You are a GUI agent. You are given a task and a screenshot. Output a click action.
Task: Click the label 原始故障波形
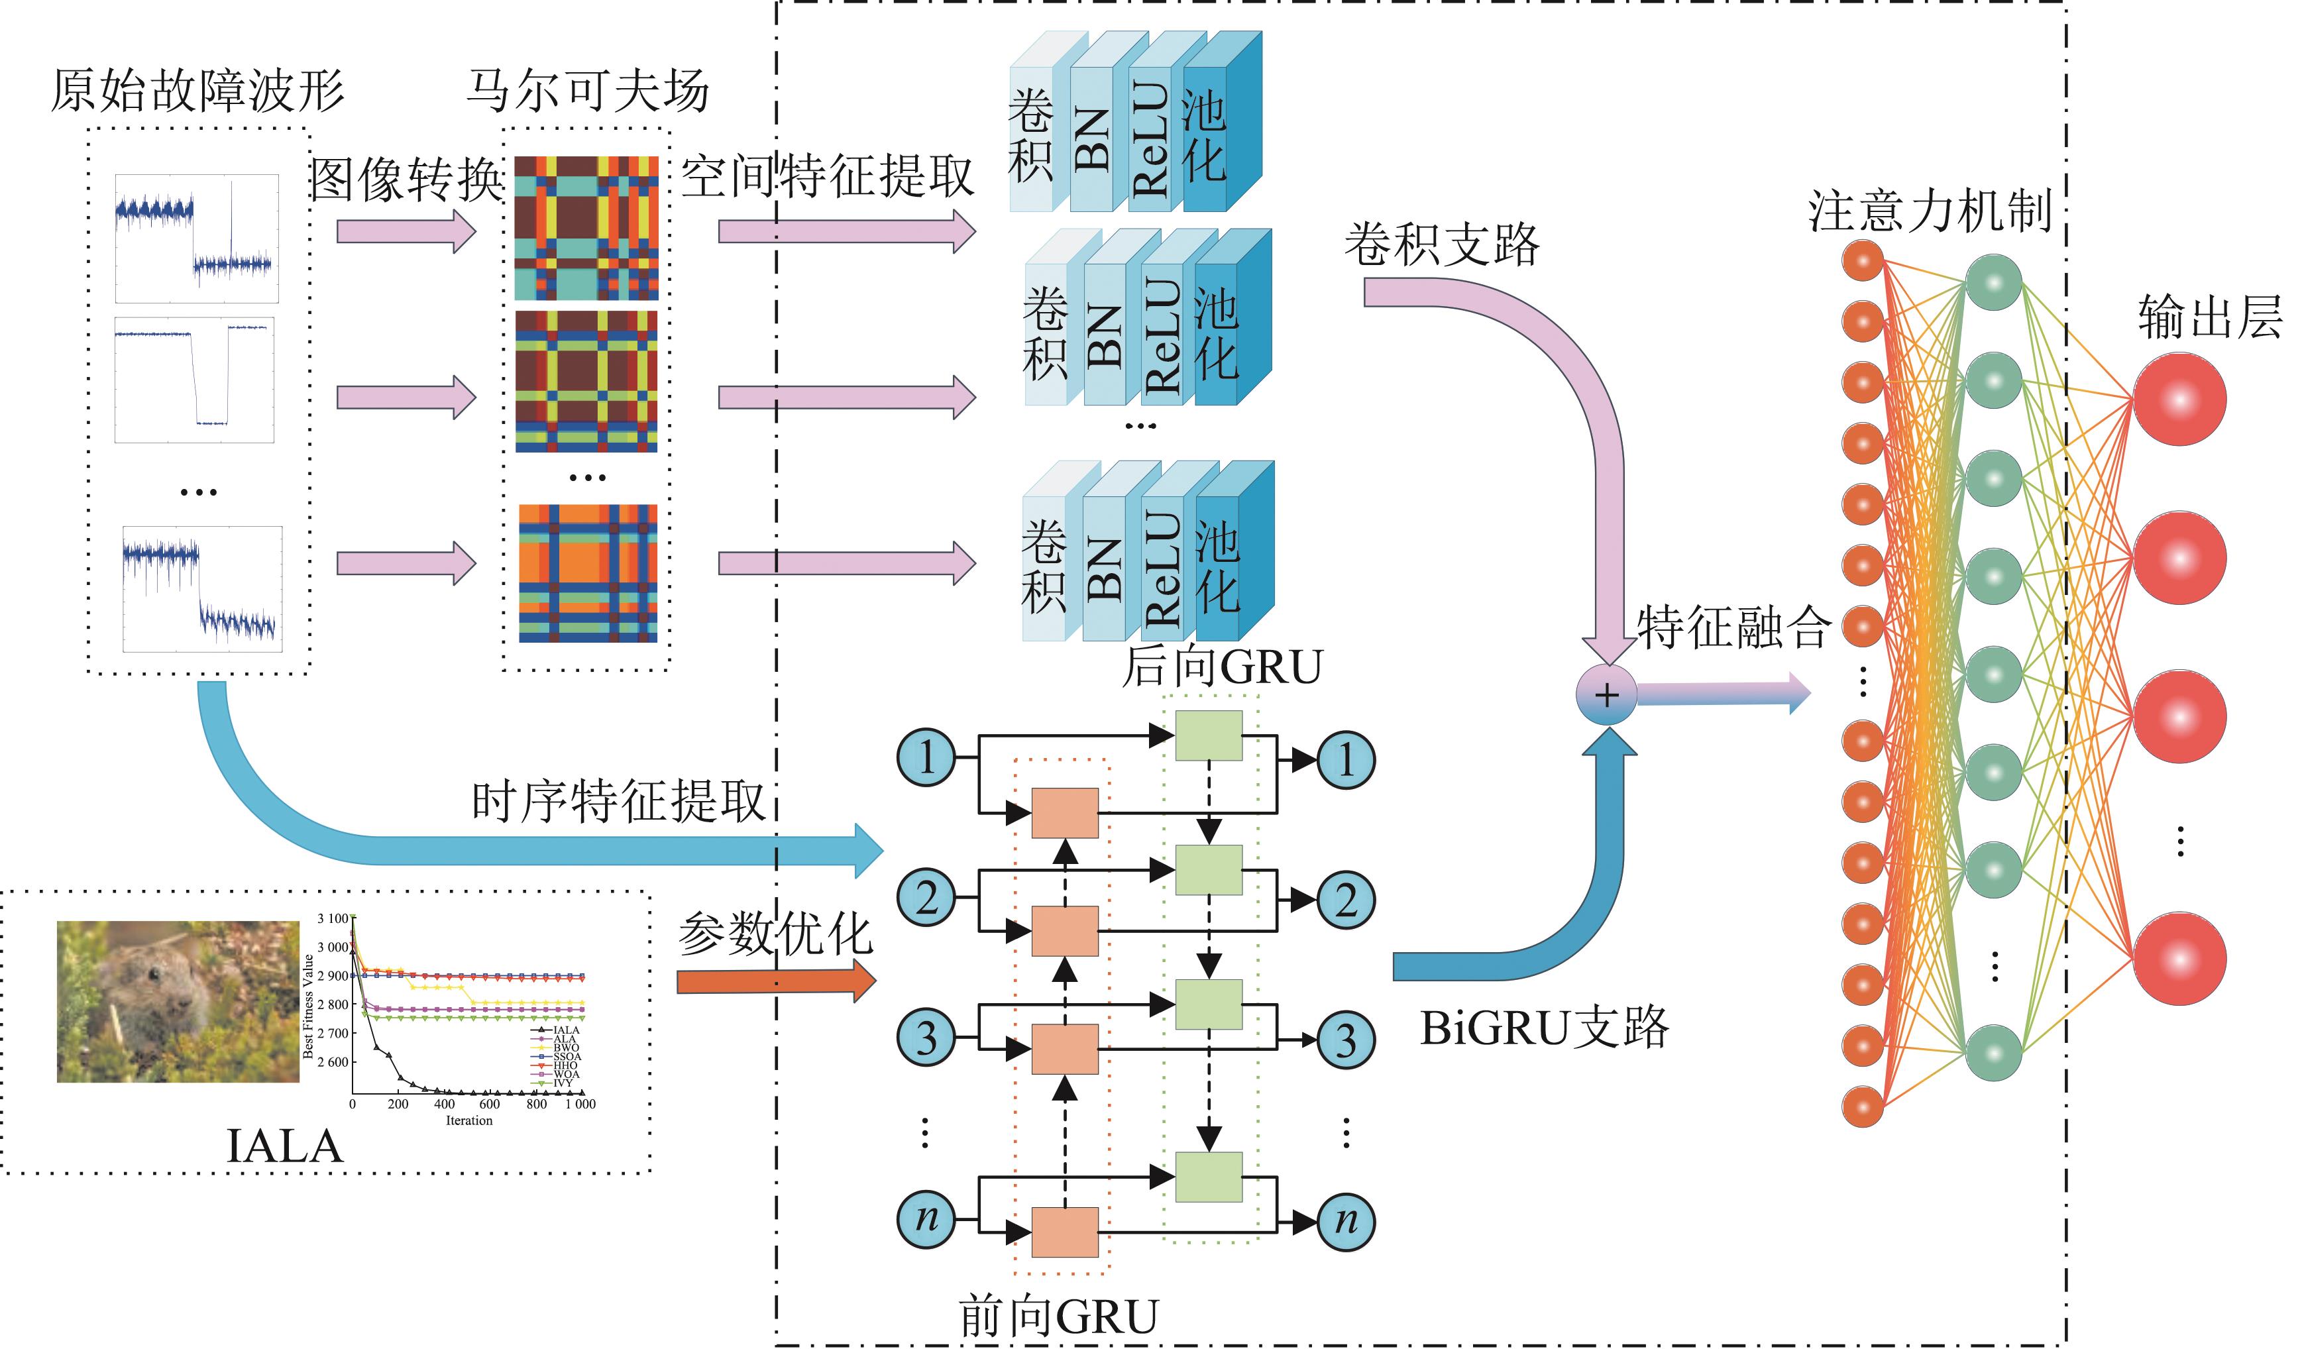click(x=197, y=91)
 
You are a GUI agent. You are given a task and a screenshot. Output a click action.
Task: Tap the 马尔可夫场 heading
click(x=587, y=91)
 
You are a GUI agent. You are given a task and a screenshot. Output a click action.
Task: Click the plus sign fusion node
click(x=1606, y=695)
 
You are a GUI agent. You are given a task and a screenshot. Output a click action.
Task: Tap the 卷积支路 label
click(x=1441, y=244)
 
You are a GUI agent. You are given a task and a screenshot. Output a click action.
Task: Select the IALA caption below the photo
click(x=284, y=1147)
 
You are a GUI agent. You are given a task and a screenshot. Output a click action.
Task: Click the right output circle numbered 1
click(x=1346, y=759)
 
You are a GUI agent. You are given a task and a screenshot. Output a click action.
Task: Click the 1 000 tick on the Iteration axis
click(x=580, y=1105)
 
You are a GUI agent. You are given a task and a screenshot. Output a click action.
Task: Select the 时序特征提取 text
click(x=618, y=802)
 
